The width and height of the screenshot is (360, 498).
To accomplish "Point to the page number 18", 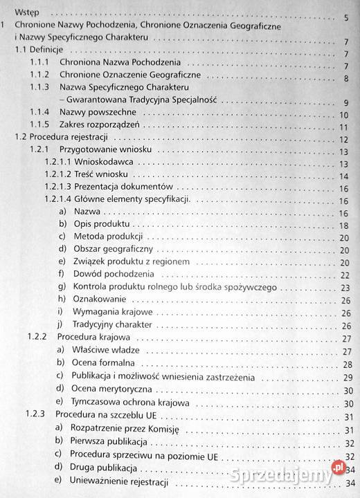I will pyautogui.click(x=343, y=225).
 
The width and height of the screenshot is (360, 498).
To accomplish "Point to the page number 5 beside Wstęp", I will pyautogui.click(x=345, y=17).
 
